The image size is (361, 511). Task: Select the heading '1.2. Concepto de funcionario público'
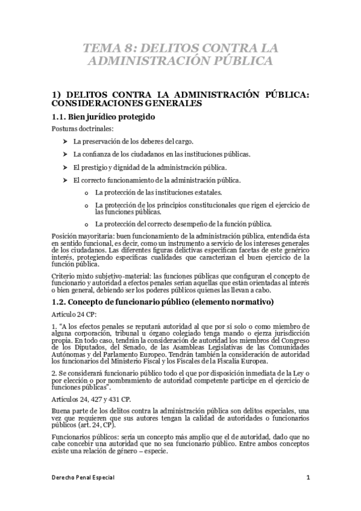pyautogui.click(x=163, y=301)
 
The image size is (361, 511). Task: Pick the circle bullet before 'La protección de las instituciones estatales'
pyautogui.click(x=87, y=193)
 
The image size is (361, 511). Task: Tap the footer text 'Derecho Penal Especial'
pyautogui.click(x=83, y=477)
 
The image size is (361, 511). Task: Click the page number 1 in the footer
pyautogui.click(x=307, y=477)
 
